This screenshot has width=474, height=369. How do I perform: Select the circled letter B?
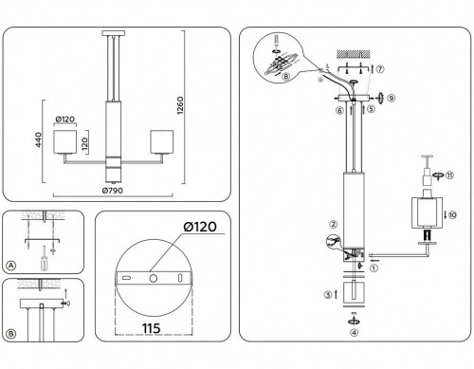click(x=11, y=334)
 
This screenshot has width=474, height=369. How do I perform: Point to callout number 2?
click(x=334, y=225)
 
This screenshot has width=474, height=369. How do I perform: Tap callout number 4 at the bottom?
click(x=354, y=332)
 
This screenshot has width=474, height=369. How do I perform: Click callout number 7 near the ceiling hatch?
click(x=381, y=70)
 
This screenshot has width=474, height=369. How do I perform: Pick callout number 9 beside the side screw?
click(x=390, y=97)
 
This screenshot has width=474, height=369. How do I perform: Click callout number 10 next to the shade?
click(x=452, y=215)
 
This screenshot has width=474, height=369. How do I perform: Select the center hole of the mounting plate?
click(x=150, y=279)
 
